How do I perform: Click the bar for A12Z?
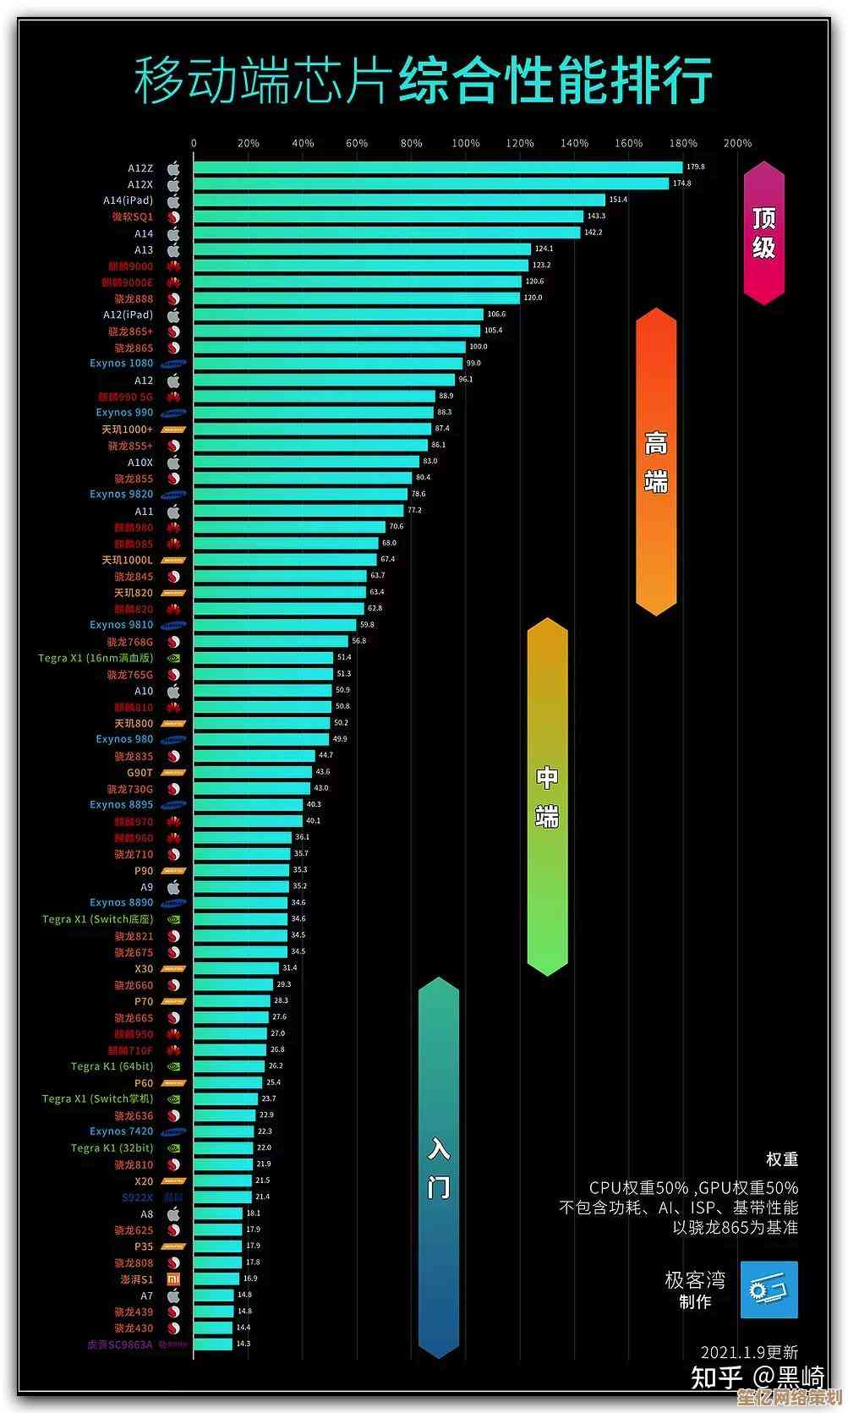[437, 167]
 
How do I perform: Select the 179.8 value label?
[696, 167]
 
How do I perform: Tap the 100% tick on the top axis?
[465, 144]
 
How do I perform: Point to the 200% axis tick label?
[737, 144]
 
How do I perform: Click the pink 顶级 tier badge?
[763, 233]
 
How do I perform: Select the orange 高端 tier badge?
[656, 462]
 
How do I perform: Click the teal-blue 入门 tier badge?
[438, 1167]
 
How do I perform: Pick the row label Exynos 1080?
[122, 364]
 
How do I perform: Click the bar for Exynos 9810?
[275, 625]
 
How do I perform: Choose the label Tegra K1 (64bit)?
[112, 1066]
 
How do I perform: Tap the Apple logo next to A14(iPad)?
[173, 201]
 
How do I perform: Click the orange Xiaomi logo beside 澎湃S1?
[173, 1279]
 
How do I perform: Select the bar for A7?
[214, 1295]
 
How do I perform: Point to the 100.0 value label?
[479, 347]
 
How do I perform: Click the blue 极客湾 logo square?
[769, 1290]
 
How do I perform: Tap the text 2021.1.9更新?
[749, 1352]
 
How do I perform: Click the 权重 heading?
[781, 1159]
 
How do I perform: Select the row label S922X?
[138, 1197]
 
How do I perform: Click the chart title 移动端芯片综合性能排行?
[423, 82]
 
